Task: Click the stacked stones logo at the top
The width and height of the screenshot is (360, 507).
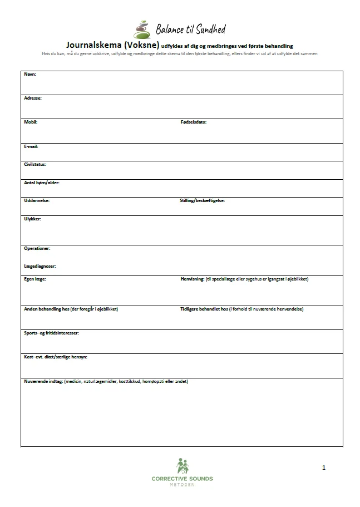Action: [x=143, y=29]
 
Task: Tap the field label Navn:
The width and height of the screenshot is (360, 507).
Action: [x=29, y=74]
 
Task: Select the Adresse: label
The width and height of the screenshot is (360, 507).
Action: [x=33, y=98]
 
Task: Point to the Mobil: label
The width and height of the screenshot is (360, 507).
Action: [x=31, y=122]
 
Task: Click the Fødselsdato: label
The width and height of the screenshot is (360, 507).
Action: [x=193, y=122]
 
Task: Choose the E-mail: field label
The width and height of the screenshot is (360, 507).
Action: [x=31, y=146]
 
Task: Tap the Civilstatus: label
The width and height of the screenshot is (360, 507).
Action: [x=35, y=164]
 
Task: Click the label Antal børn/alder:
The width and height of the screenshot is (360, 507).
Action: [x=42, y=183]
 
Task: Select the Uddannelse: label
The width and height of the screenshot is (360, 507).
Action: [x=37, y=200]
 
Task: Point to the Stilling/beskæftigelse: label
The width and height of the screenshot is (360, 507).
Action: [x=202, y=200]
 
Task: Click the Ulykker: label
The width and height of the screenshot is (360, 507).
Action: [x=32, y=219]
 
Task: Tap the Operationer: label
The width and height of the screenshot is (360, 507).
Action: [x=37, y=248]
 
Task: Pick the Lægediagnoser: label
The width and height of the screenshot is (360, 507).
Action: [x=40, y=266]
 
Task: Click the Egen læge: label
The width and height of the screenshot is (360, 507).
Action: [x=35, y=279]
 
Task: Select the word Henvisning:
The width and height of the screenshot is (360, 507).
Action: [x=192, y=279]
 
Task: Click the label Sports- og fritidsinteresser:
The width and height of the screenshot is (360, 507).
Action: [x=52, y=333]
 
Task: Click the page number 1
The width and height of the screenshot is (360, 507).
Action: [x=324, y=468]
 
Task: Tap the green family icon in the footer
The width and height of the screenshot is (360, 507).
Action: [x=182, y=466]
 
